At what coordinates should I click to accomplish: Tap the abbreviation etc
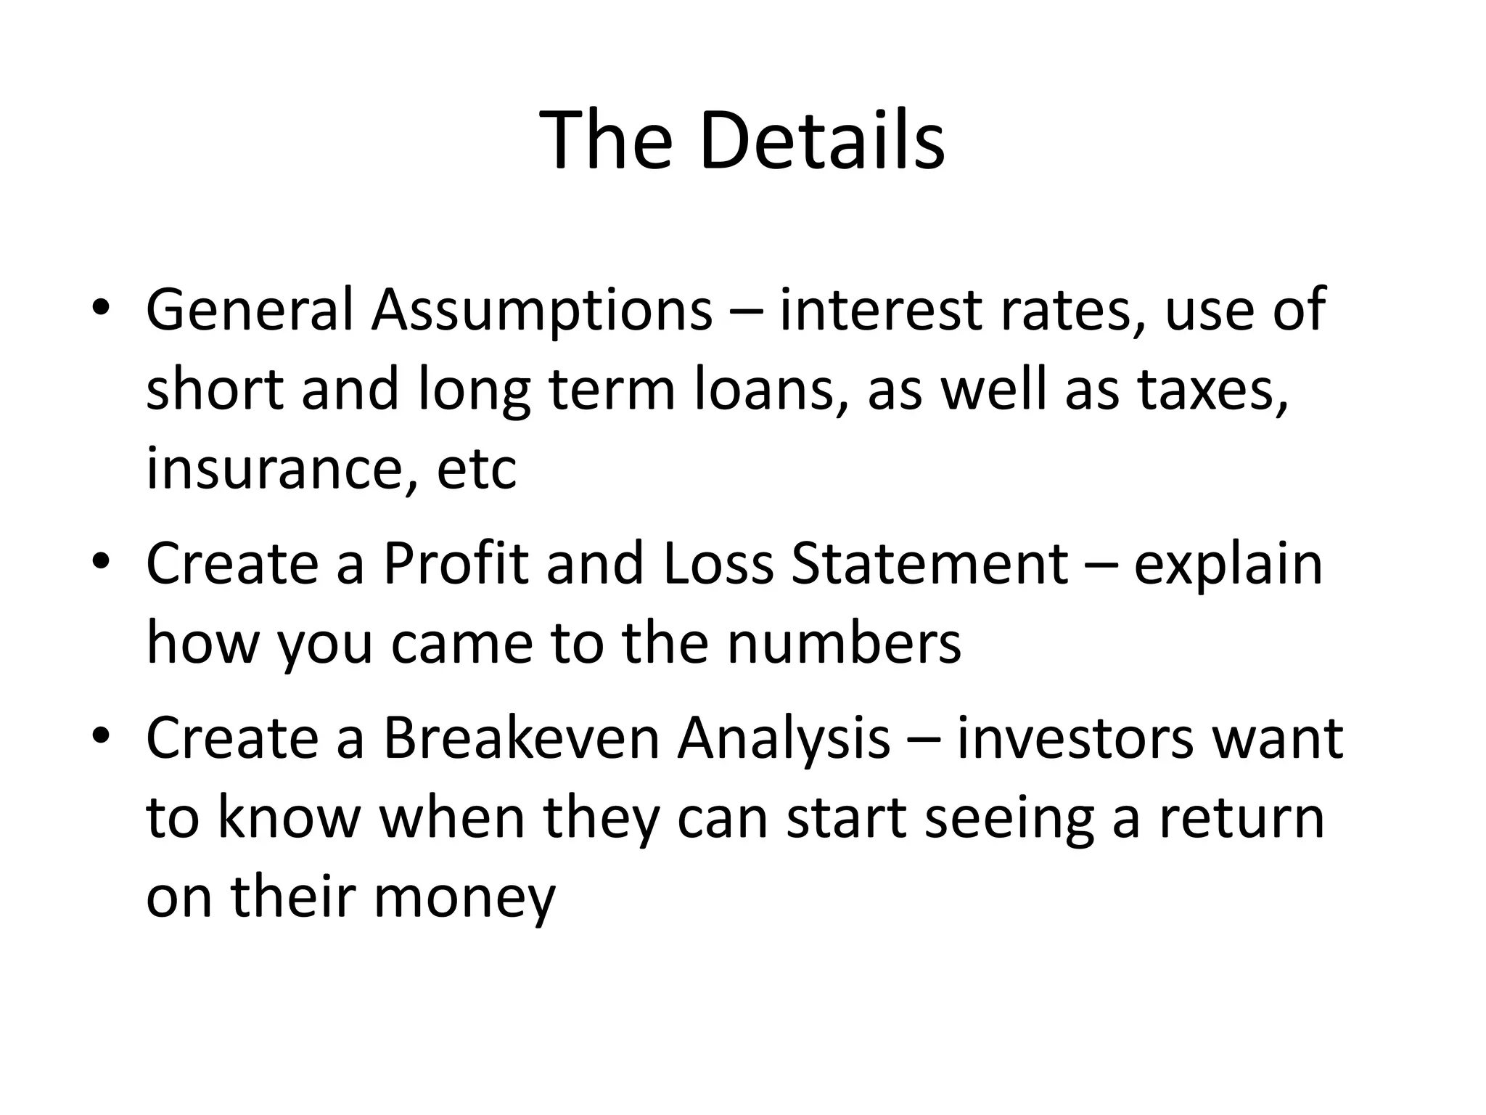click(477, 468)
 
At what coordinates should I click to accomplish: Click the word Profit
click(456, 564)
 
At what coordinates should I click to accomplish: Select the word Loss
click(718, 564)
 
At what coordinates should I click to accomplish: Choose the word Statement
click(929, 564)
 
